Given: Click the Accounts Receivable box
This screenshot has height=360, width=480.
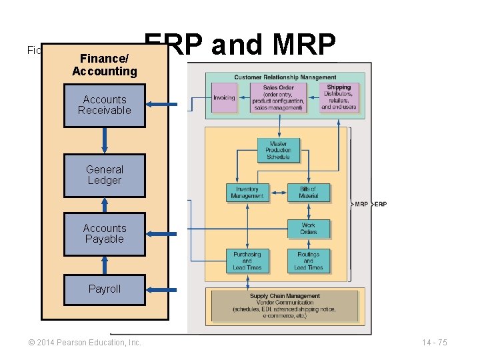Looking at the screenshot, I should click(104, 105).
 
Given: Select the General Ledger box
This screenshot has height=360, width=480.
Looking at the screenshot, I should click(104, 175).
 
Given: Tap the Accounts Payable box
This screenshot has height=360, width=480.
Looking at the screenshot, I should click(104, 234).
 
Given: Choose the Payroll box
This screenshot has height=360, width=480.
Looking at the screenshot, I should click(104, 289).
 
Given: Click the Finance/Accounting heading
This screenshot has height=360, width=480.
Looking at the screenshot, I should click(104, 65).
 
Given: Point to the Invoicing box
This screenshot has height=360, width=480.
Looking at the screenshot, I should click(224, 98).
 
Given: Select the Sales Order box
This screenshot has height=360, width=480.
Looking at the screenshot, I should click(278, 97).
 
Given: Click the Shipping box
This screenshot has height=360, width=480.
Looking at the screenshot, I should click(339, 97).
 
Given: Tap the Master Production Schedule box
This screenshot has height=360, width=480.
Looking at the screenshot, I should click(278, 150).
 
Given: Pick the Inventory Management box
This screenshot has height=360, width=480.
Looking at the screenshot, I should click(247, 193).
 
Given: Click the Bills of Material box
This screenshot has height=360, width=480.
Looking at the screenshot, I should click(308, 193).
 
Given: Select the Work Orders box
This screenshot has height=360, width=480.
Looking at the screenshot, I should click(308, 229).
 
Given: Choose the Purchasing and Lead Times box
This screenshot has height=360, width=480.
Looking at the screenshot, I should click(247, 261).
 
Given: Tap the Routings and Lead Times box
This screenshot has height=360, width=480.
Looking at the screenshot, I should click(308, 261).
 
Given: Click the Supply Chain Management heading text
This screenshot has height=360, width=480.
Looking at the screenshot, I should click(285, 296).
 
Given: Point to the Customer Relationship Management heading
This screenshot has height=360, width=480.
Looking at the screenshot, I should click(285, 78).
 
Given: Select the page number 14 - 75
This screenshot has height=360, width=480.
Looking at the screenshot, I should click(434, 342).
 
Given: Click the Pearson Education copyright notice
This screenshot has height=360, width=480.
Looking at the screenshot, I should click(85, 342).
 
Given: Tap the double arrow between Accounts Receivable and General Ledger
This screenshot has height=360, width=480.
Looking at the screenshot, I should click(104, 141).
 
